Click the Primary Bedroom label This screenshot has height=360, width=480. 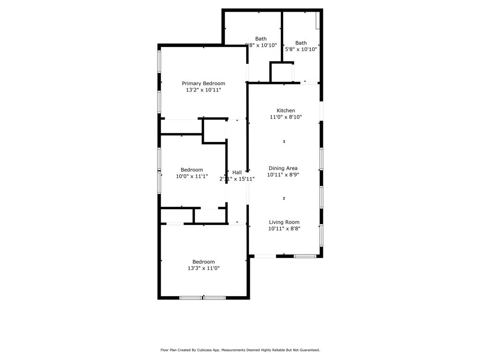(x=203, y=83)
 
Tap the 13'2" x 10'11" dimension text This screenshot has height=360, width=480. (x=203, y=90)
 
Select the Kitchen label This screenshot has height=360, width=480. (x=285, y=111)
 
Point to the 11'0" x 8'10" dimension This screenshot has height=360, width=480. (x=285, y=117)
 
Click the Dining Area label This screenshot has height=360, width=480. (x=283, y=168)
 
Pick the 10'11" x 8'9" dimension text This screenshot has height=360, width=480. (x=283, y=174)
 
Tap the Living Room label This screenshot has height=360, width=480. (x=284, y=222)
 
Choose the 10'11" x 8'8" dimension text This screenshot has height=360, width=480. (x=284, y=229)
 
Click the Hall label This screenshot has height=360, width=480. (x=237, y=172)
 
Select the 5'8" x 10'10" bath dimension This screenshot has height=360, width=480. (x=301, y=49)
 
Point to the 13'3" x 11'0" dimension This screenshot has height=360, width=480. (x=203, y=268)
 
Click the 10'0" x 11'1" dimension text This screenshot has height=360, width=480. (x=192, y=176)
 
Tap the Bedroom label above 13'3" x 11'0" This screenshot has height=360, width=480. (x=203, y=262)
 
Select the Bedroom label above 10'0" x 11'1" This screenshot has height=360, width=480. (x=192, y=170)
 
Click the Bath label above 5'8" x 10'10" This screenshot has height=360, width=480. (x=301, y=43)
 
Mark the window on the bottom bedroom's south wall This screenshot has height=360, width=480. (x=203, y=297)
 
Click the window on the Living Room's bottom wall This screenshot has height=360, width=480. (x=305, y=256)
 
